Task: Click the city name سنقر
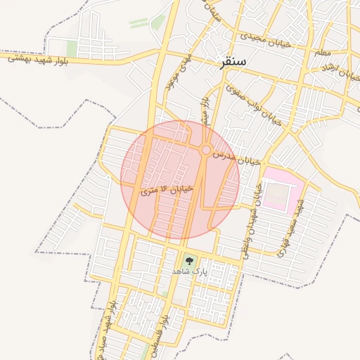(x=232, y=61)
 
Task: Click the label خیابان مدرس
(x=237, y=157)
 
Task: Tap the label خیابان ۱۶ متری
(x=167, y=190)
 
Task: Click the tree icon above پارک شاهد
(x=188, y=259)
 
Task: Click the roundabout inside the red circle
(x=205, y=150)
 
